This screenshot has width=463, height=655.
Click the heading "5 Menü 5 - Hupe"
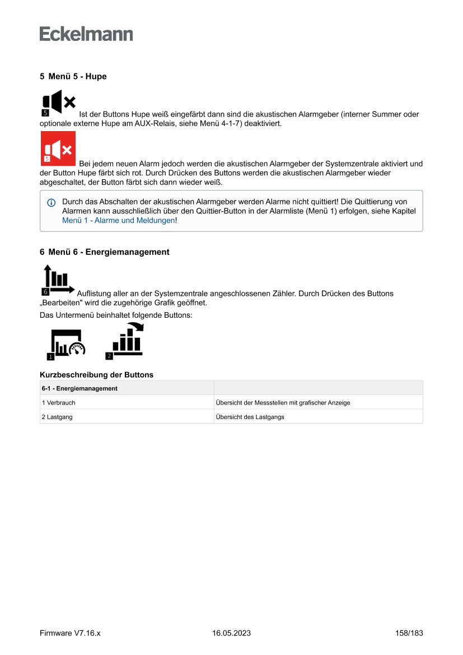point(73,76)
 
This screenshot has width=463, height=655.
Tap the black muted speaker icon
point(58,103)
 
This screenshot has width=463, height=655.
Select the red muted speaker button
point(58,148)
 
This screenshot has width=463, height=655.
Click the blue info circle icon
point(52,202)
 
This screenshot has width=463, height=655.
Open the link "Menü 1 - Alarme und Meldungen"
point(118,221)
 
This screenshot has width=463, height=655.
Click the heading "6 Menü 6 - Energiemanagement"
point(104,252)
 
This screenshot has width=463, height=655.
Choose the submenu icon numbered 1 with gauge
point(66,343)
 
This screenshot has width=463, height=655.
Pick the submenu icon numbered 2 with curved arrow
point(125,341)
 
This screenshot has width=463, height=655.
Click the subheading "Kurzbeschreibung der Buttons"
point(96,374)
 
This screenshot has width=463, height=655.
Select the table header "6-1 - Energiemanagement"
point(79,388)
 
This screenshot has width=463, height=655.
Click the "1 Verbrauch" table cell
point(59,402)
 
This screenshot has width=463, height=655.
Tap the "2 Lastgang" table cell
point(57,417)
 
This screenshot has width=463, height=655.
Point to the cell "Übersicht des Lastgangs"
point(250,417)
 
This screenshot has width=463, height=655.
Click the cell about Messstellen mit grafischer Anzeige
point(283,402)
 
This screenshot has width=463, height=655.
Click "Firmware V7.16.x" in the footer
point(70,633)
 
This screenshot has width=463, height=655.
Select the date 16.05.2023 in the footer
point(231,633)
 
